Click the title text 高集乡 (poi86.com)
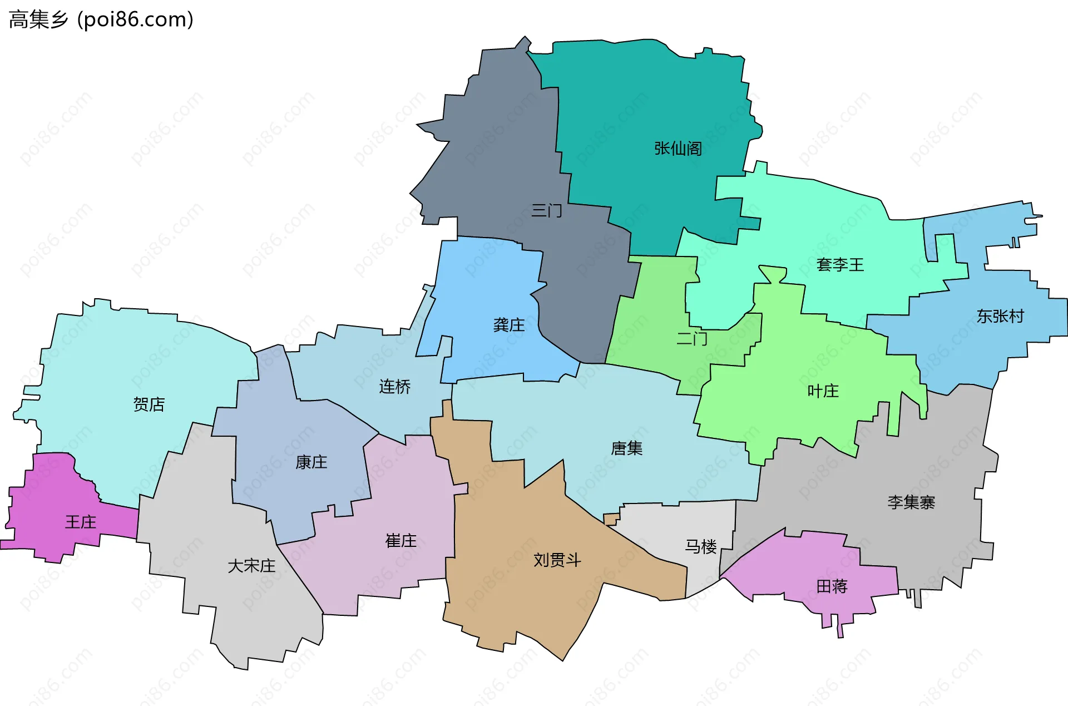coord(101,19)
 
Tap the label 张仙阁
coord(678,149)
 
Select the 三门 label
coord(546,211)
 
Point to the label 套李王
coord(840,265)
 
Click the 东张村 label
coord(1000,317)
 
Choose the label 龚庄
coord(508,325)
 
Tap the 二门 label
coord(691,338)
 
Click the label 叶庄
coord(823,391)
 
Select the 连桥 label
coord(394,387)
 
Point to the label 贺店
coord(149,404)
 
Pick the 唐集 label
coord(626,448)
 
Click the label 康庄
coord(311,462)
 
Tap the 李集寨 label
coord(911,503)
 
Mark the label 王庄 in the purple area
coord(81,522)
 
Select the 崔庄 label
coord(400,541)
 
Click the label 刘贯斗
coord(557,560)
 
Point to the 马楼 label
coord(700,547)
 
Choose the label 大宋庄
coord(251,566)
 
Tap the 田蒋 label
coord(832,586)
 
